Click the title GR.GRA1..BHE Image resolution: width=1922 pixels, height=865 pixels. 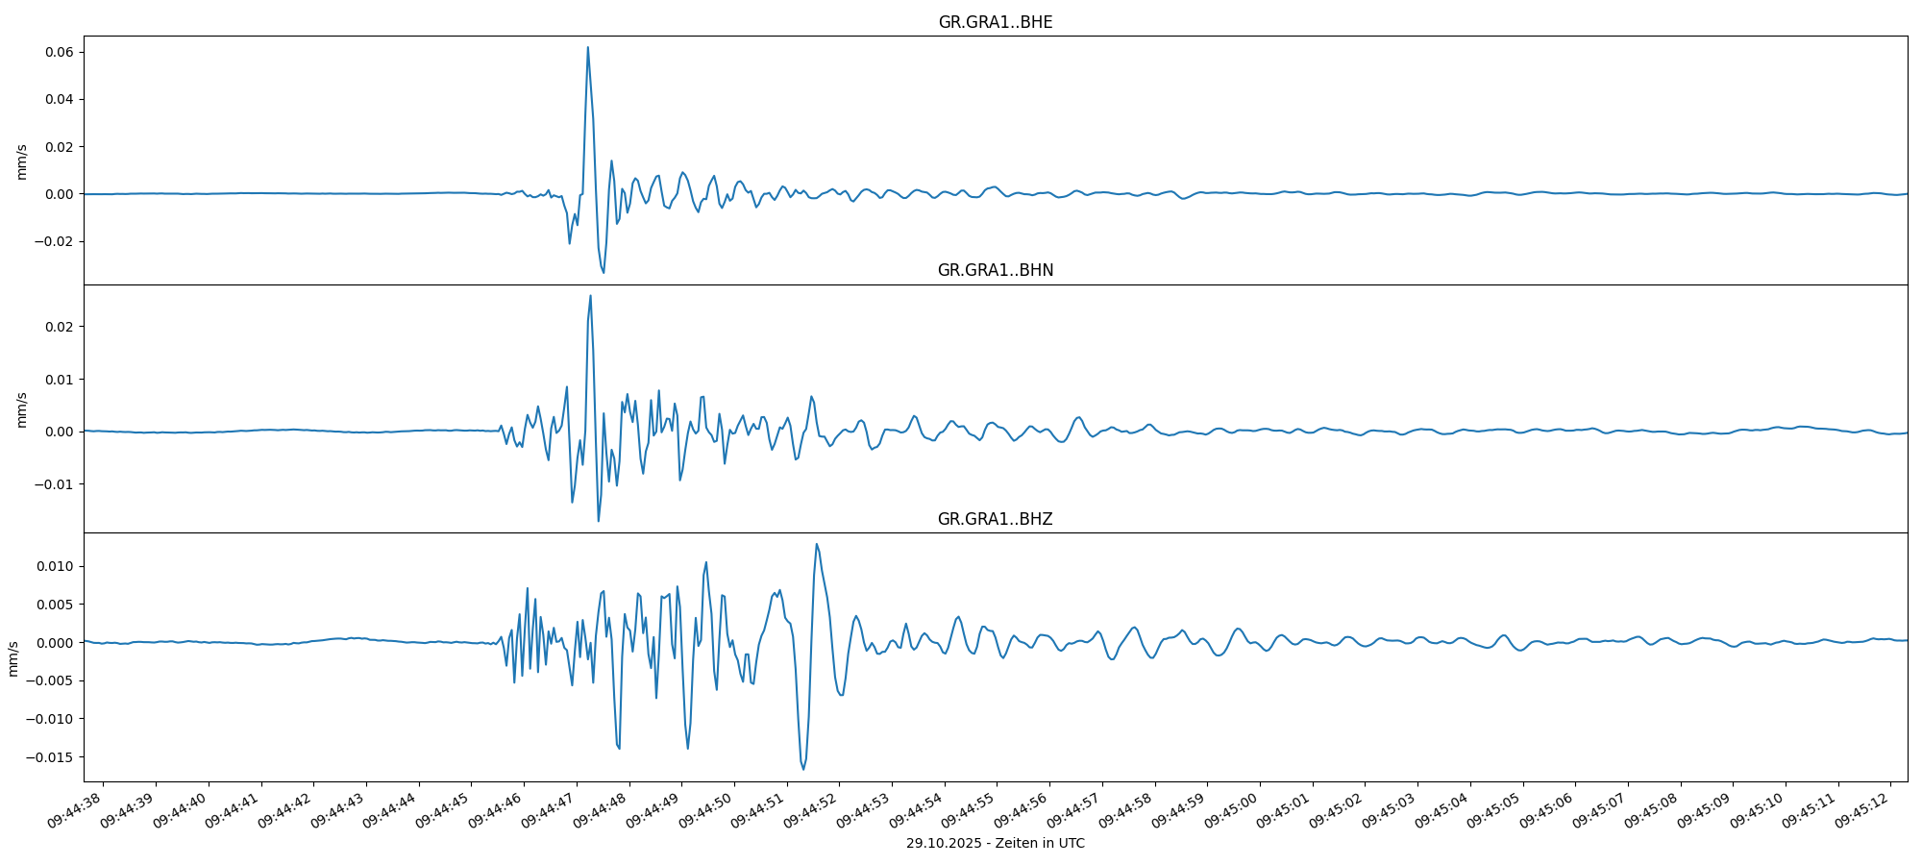coord(995,22)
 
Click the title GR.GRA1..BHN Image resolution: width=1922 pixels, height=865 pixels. coord(995,270)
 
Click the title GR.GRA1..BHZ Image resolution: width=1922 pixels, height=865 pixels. coord(995,519)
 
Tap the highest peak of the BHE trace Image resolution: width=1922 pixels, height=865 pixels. coord(587,47)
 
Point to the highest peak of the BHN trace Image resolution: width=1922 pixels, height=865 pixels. coord(590,295)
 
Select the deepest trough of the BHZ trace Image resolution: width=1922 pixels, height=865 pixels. coord(803,769)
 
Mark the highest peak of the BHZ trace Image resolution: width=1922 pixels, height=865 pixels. coord(816,544)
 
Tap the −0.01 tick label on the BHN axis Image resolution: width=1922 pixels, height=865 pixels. coord(55,484)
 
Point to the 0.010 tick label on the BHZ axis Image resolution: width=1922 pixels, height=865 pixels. coord(55,566)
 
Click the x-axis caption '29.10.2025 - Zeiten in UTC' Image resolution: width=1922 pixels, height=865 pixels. coord(995,844)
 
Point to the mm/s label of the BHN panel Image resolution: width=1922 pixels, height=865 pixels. coord(21,409)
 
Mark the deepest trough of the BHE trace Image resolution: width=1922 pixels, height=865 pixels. coord(604,272)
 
